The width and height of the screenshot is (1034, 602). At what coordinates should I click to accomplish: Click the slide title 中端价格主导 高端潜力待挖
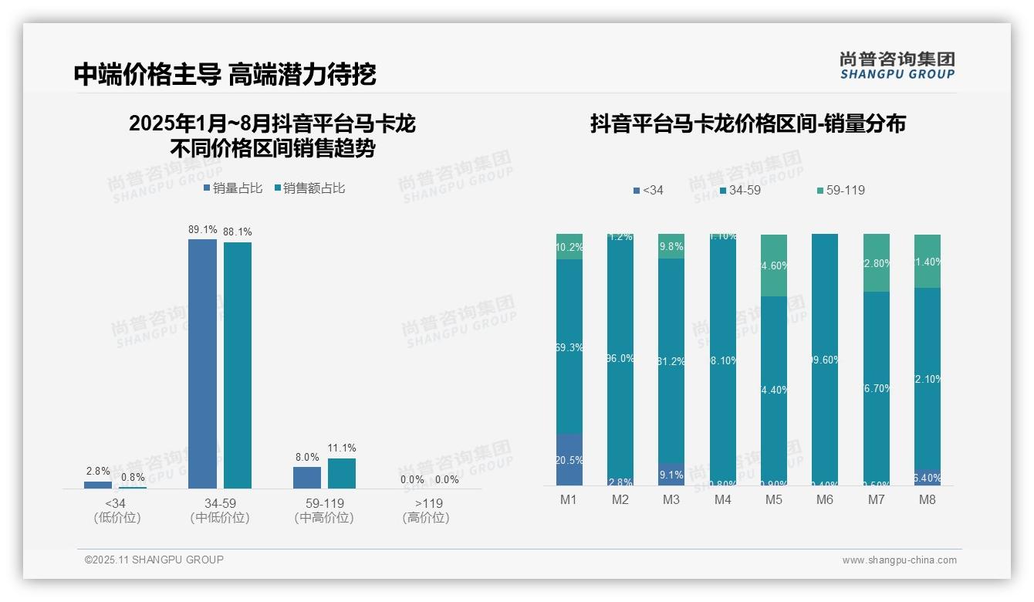tap(225, 74)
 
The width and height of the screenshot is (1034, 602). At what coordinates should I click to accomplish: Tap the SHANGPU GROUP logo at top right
tap(897, 66)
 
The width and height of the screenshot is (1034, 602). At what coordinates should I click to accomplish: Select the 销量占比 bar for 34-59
tap(202, 364)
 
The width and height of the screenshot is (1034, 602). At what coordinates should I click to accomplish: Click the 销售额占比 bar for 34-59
tap(238, 365)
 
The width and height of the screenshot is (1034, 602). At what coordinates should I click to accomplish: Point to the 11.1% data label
tap(342, 448)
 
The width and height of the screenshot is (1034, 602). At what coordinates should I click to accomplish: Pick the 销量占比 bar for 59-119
tap(307, 477)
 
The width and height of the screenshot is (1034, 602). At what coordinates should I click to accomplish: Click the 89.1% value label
tap(202, 230)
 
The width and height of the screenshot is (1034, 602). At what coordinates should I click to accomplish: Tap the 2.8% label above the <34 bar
tap(98, 472)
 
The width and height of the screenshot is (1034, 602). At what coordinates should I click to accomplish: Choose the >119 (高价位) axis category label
tap(425, 510)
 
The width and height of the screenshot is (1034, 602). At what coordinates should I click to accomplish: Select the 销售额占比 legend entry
tap(309, 188)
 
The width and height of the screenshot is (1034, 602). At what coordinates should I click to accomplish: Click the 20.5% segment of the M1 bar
tap(569, 460)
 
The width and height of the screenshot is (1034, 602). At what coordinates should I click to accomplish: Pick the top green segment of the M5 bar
tap(774, 265)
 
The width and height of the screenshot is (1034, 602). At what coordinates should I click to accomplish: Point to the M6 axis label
tap(825, 500)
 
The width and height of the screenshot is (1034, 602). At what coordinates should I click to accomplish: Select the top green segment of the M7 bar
tap(877, 263)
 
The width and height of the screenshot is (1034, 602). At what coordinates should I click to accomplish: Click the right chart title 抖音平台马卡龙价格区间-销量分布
tap(748, 123)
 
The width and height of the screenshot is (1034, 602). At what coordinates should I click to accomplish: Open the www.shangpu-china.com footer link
tap(899, 560)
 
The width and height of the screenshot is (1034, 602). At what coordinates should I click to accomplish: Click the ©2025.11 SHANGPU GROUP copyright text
tap(154, 560)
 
